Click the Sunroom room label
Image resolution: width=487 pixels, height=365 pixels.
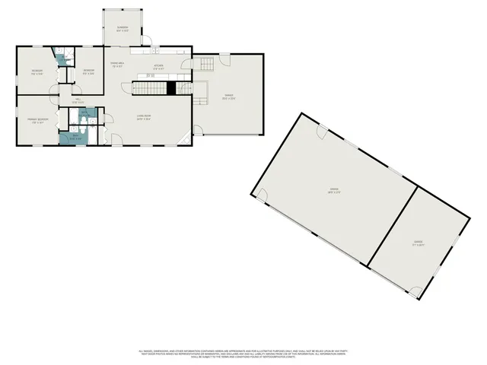pos(122,28)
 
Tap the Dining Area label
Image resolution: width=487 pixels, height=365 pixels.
pos(118,64)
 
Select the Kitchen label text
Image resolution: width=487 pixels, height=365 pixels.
pos(158,67)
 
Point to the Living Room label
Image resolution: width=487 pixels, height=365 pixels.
pos(142,117)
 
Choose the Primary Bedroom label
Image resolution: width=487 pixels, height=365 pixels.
pos(37,121)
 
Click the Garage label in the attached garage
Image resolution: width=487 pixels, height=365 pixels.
pos(228,97)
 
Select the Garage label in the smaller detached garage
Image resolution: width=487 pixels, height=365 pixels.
pos(418,244)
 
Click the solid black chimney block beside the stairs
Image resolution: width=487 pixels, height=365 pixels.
pos(171,88)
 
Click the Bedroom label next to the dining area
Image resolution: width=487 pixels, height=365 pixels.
pos(88,71)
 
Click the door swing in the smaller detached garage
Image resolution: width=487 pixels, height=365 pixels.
pos(415,290)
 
